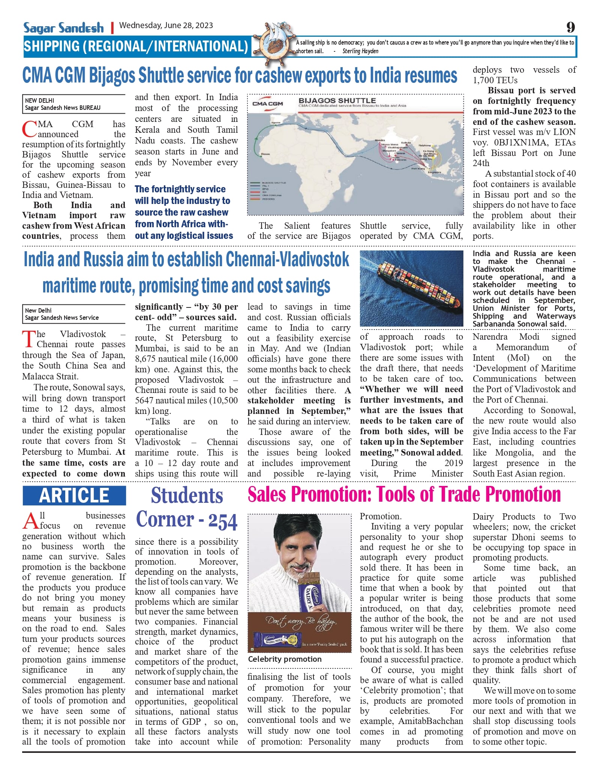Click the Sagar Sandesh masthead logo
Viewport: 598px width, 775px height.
63,28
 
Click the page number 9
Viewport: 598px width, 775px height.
570,27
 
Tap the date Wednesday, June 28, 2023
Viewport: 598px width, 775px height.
166,25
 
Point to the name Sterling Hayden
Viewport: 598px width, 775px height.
360,51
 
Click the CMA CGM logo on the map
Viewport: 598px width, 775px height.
267,103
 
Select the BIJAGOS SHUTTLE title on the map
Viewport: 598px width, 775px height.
337,100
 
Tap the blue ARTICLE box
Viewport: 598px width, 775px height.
74,495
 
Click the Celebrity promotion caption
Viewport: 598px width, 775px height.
285,659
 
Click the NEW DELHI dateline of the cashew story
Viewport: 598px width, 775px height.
39,100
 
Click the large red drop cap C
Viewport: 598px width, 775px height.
29,129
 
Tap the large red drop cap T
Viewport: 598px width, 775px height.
28,339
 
